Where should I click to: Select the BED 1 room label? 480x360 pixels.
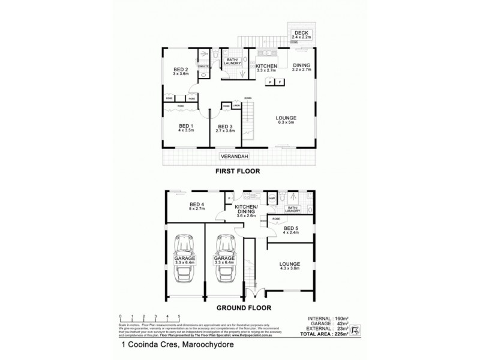185,127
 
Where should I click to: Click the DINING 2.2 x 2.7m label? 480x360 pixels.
302,67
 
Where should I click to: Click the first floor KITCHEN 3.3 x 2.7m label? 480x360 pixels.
266,68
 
